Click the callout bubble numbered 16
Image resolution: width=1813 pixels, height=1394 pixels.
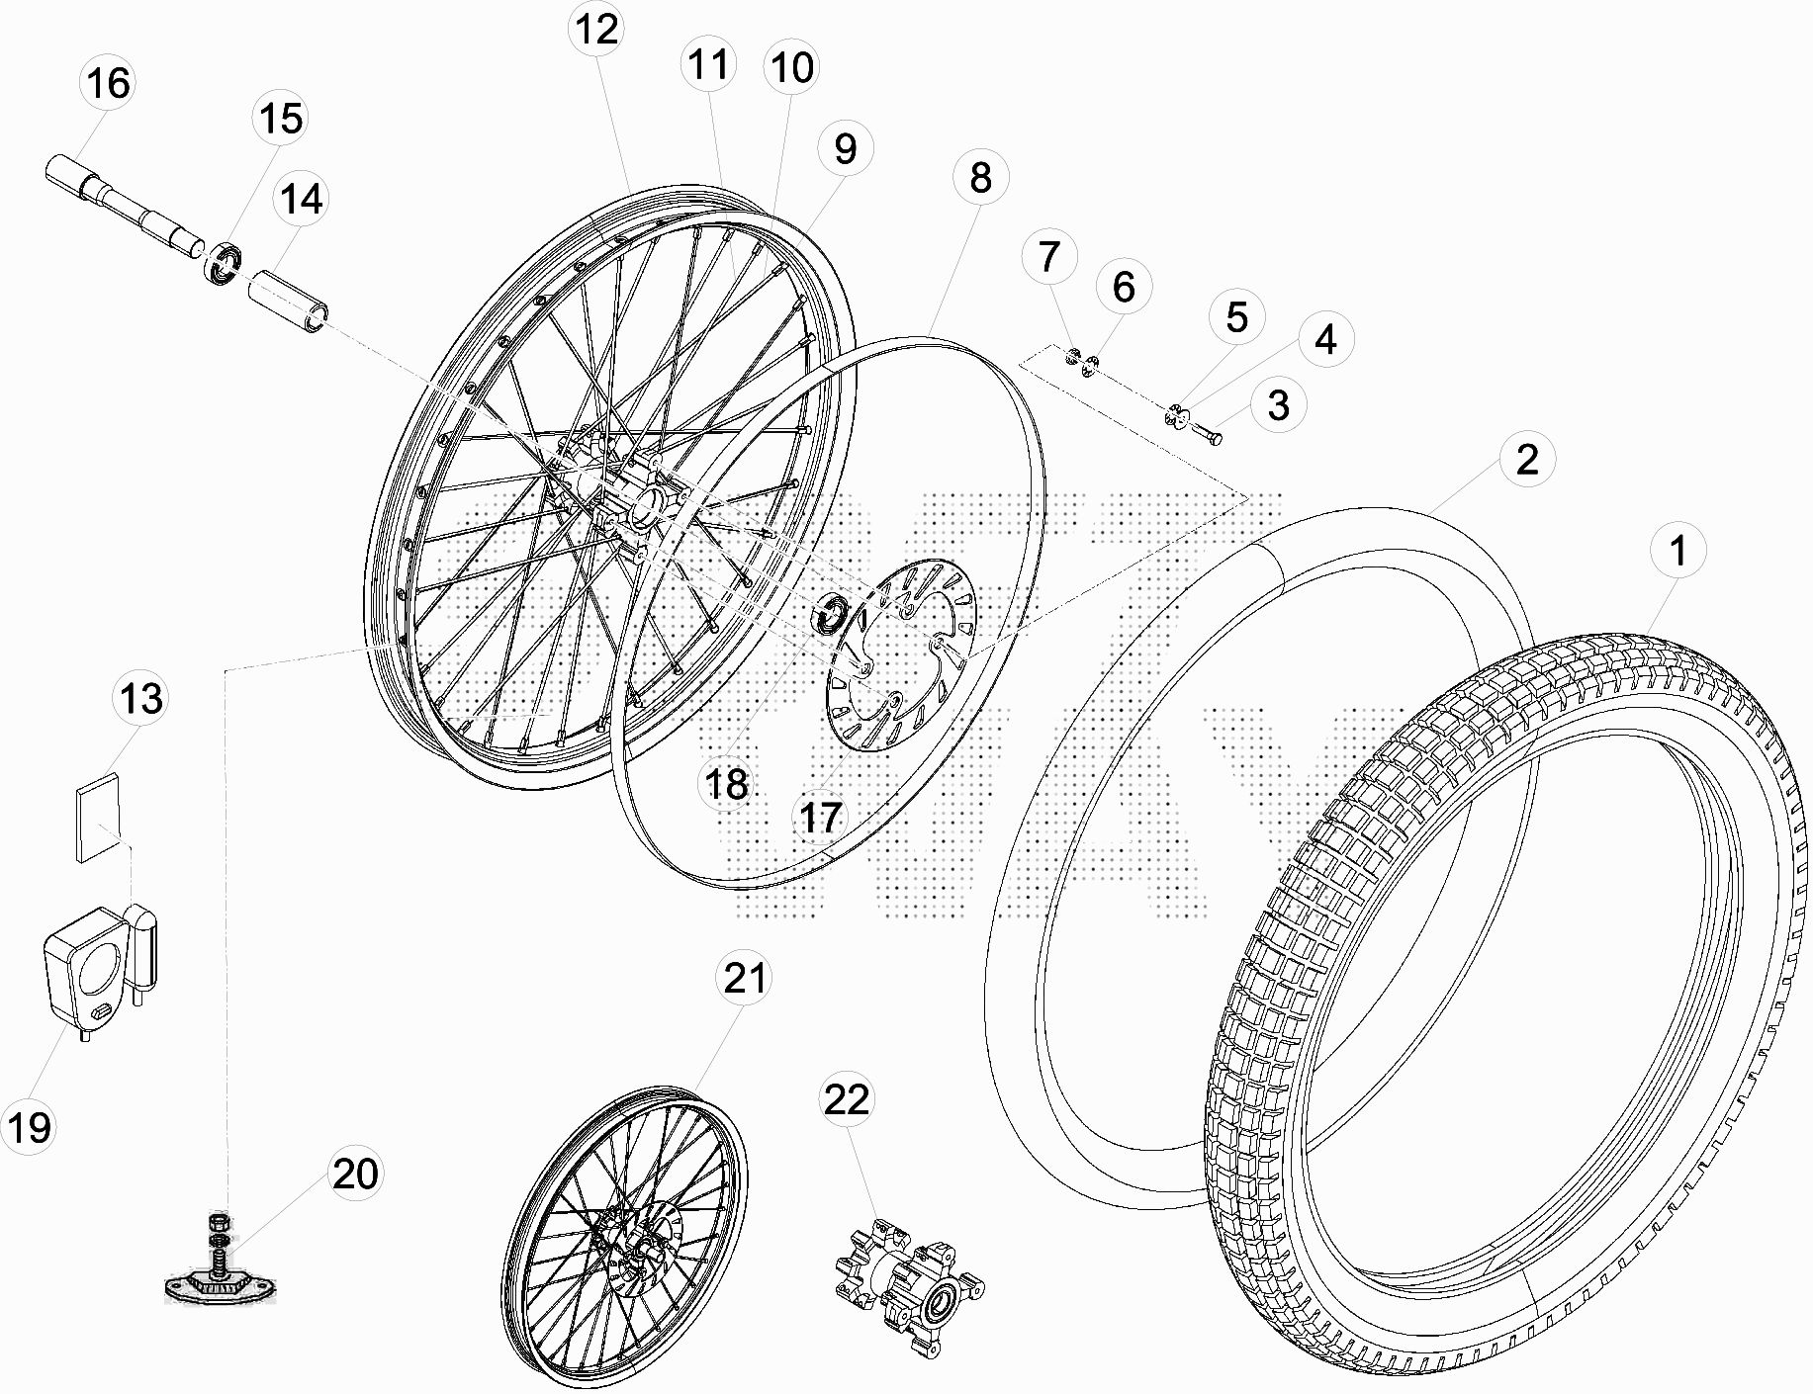pos(108,83)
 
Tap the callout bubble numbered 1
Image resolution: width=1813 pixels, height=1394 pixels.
pos(1677,552)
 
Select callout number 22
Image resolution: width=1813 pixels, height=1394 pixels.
pos(847,1099)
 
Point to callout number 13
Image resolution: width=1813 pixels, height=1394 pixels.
pos(140,699)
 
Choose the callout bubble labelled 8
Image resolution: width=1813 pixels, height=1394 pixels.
pos(980,178)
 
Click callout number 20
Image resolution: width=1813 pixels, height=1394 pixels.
pos(355,1175)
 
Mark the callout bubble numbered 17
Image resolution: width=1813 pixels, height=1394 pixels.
pos(821,818)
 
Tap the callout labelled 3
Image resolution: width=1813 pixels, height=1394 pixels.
pos(1278,405)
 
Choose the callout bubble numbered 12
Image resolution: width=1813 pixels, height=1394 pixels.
pos(596,29)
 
